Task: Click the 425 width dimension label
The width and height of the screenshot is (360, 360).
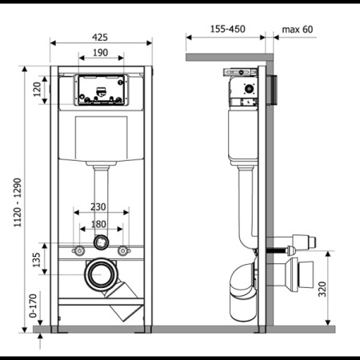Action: coord(100,38)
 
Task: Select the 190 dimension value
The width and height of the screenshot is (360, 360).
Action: coord(101,53)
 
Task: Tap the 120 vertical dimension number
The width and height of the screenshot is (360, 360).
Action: coord(37,90)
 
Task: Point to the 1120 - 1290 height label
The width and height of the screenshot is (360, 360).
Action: coord(18,202)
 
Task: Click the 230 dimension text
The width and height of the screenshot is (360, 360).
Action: coord(98,206)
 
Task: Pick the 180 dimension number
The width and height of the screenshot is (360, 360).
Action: coord(98,224)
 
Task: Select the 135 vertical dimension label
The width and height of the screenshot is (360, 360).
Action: coord(36,260)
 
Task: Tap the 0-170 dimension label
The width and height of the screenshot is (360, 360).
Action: coord(33,306)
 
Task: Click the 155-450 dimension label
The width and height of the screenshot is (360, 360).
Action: coord(228,29)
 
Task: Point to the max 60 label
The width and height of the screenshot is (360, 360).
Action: coord(298,30)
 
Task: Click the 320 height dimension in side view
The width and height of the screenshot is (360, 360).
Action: coord(322,289)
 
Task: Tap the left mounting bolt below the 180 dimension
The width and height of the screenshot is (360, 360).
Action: coord(78,250)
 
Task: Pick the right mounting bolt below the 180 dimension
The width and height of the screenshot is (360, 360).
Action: coord(124,250)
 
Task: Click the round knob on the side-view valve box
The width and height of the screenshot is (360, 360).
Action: coord(250,88)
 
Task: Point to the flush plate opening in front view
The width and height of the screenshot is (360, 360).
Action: coord(101,90)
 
